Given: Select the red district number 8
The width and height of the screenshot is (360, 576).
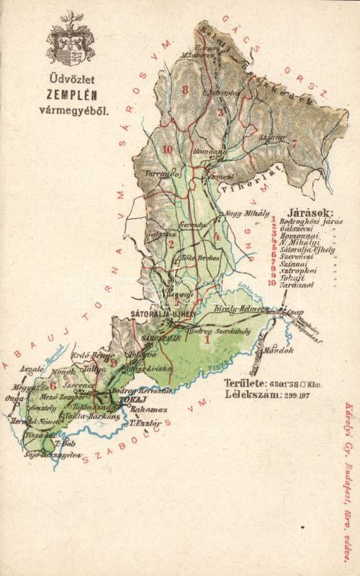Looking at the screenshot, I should [x=186, y=89].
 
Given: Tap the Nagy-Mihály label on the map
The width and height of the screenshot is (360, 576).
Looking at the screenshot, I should [x=247, y=213].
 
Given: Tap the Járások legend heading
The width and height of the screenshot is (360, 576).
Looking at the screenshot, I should [x=310, y=212].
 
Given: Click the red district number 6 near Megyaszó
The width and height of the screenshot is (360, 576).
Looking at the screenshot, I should [x=53, y=385].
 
